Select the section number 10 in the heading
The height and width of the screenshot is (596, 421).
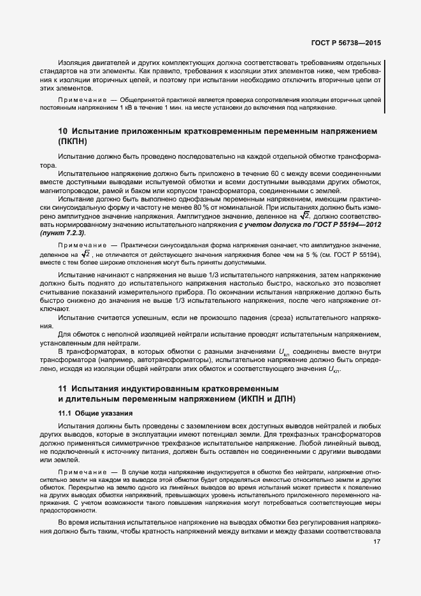[x=62, y=131]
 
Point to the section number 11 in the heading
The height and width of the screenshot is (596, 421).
[x=62, y=388]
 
